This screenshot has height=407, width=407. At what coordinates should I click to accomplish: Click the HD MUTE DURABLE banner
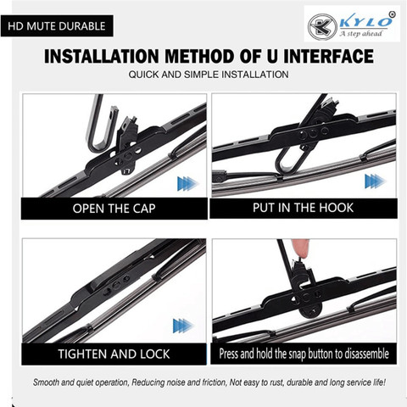(x=57, y=26)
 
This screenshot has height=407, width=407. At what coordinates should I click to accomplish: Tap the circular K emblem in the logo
(x=322, y=27)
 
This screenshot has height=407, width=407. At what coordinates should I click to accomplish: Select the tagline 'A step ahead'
(x=361, y=34)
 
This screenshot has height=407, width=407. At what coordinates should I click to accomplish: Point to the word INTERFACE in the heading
(x=328, y=56)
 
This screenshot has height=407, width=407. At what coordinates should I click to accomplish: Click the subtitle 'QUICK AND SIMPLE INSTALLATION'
(x=209, y=75)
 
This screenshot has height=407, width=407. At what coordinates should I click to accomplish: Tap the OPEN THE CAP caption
(x=114, y=209)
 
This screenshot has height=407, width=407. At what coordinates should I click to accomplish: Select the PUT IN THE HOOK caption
(x=303, y=208)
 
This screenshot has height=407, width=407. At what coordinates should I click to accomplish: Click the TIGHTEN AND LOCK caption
(x=114, y=354)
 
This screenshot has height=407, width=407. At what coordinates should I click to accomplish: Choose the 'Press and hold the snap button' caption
(x=304, y=354)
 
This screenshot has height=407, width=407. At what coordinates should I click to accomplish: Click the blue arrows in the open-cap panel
(x=187, y=184)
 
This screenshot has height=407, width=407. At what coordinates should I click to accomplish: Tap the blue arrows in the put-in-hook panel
(x=375, y=181)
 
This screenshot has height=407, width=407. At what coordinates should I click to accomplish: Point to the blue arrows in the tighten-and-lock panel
(x=183, y=326)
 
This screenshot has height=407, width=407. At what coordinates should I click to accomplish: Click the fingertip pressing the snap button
(x=300, y=248)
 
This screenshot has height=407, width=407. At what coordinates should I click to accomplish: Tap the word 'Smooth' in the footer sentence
(x=46, y=382)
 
